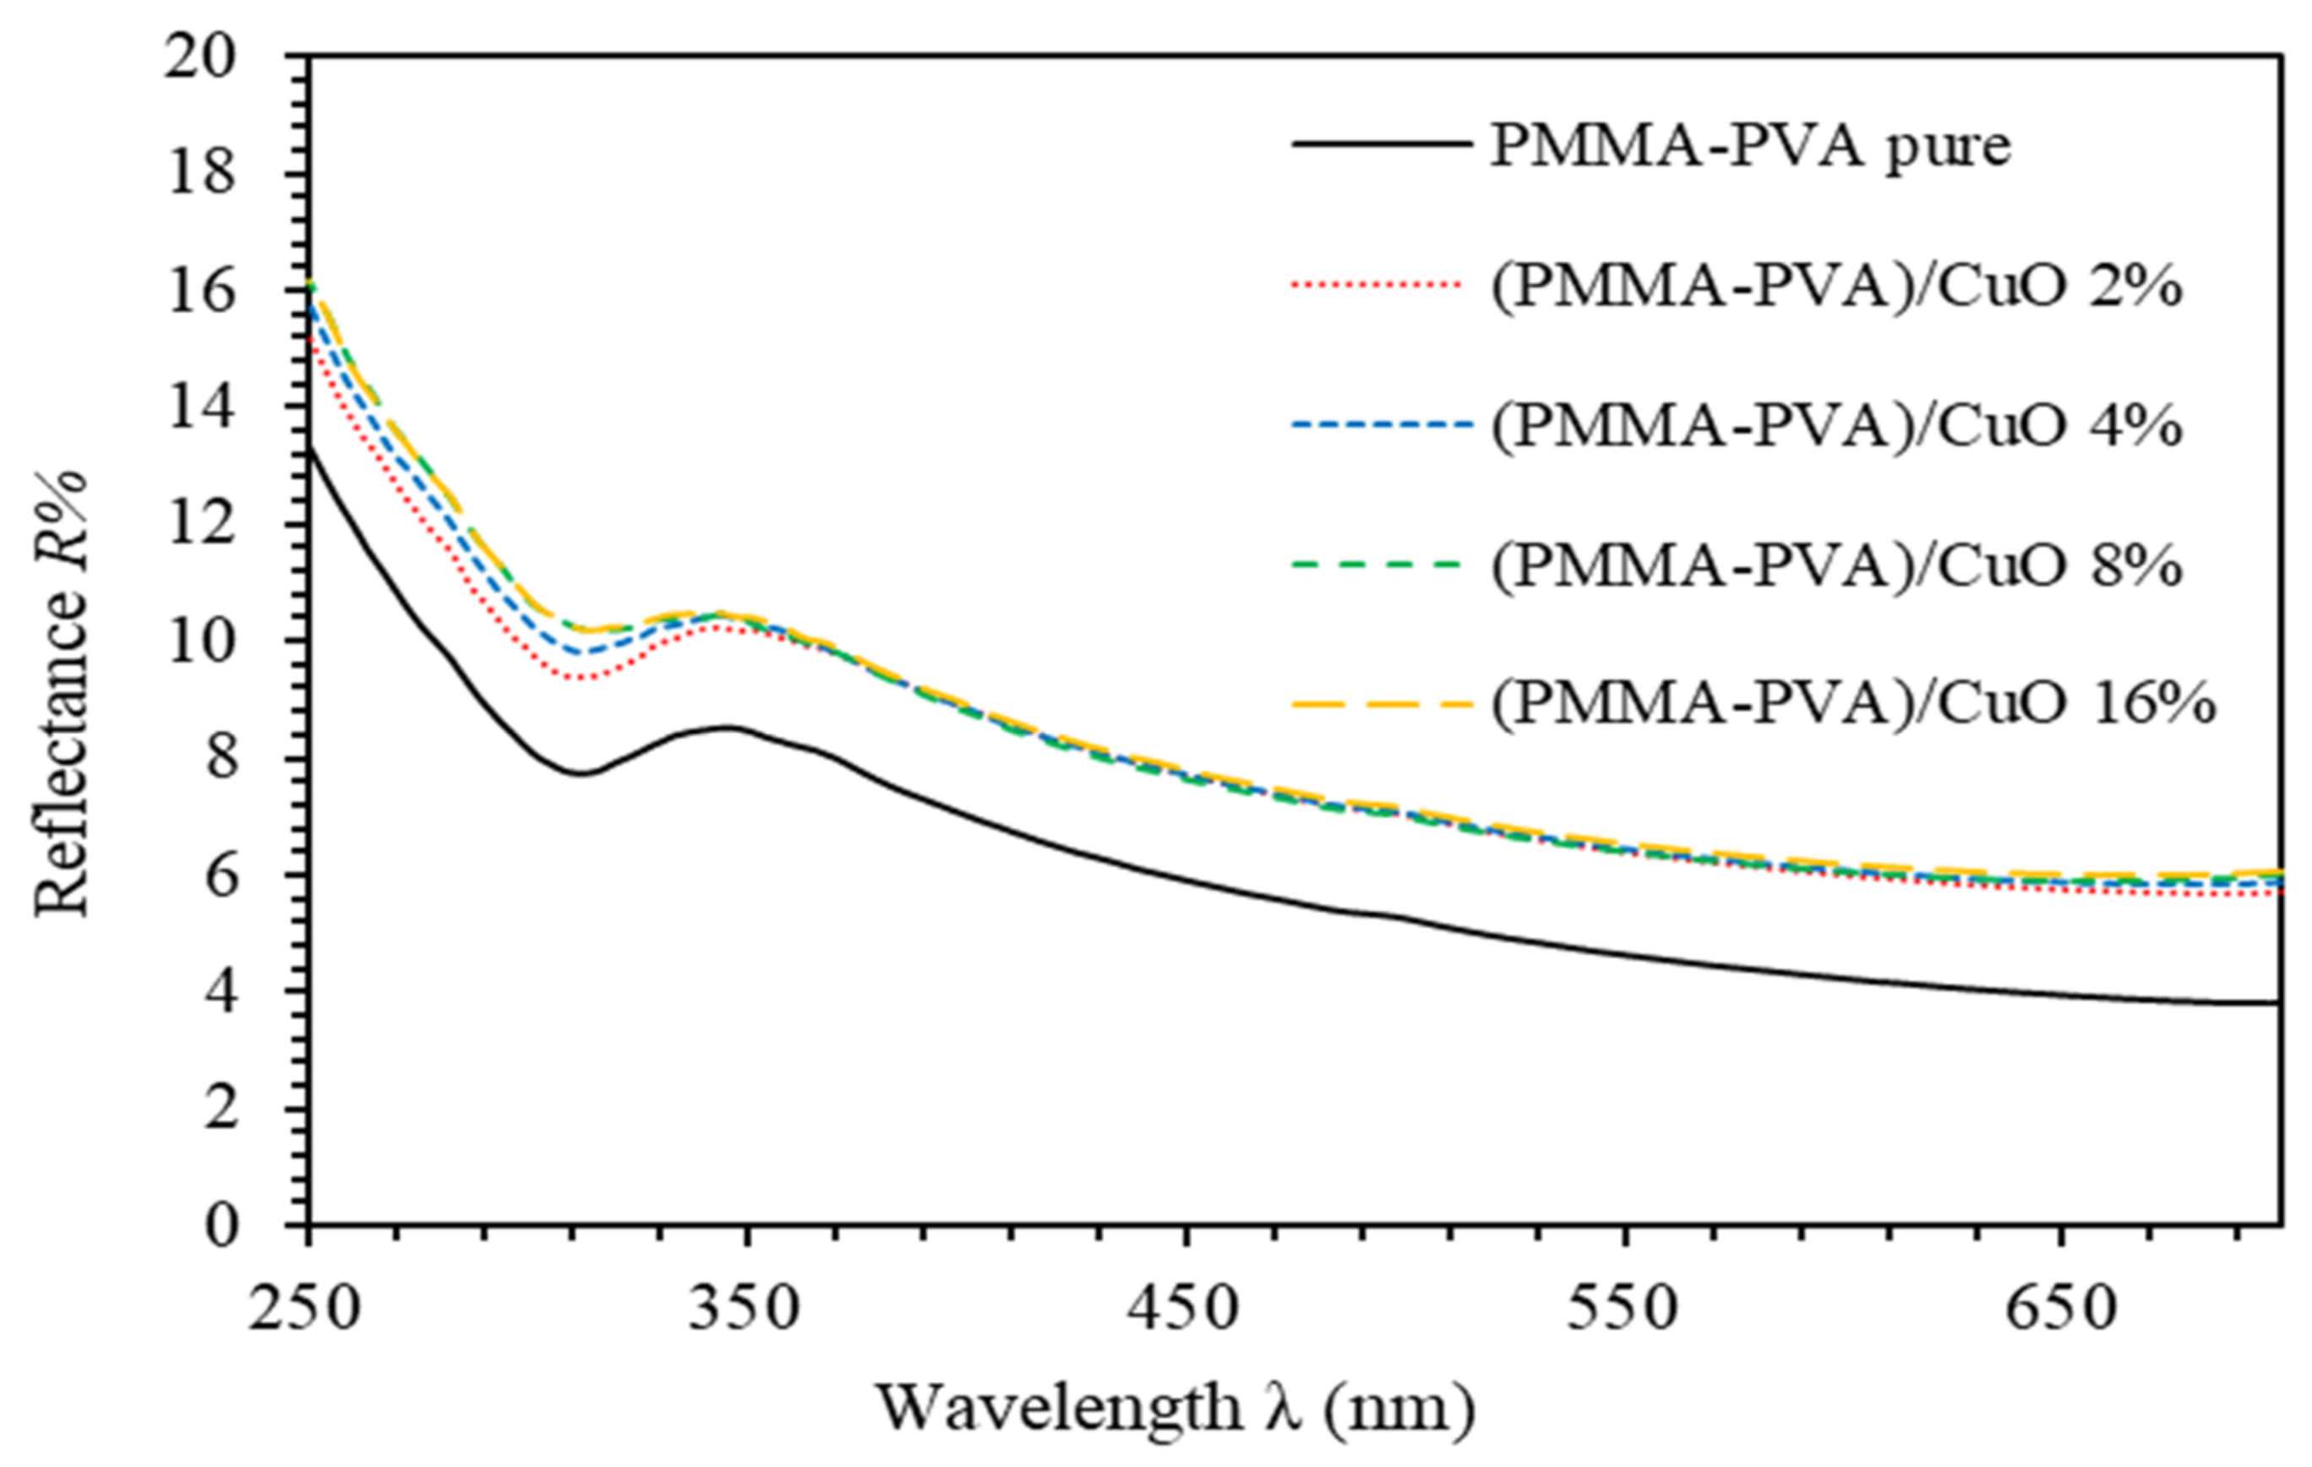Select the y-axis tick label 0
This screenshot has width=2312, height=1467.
(220, 1226)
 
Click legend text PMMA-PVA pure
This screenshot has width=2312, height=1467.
(1749, 148)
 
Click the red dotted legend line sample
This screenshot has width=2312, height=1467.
(1381, 285)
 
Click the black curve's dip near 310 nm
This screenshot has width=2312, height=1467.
(580, 773)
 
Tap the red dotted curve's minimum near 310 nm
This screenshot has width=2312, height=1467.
(580, 679)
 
